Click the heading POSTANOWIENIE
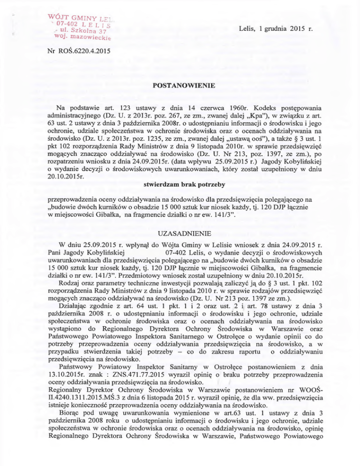tap(180, 86)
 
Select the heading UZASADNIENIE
tap(180, 233)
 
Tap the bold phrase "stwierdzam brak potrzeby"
tap(180, 190)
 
